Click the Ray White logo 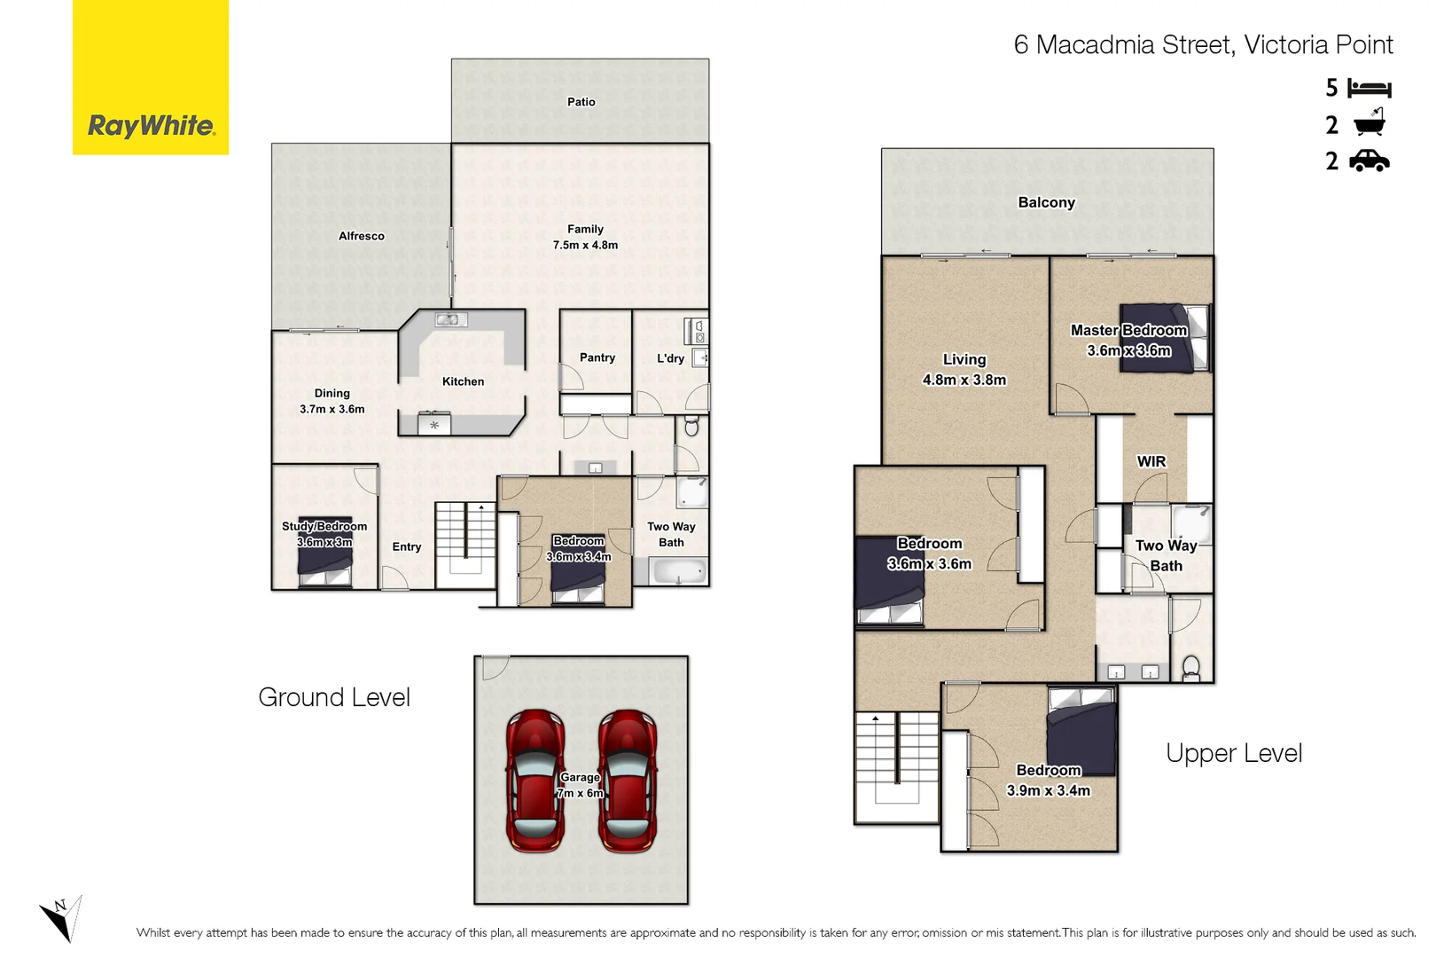click(x=151, y=126)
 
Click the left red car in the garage click(x=535, y=781)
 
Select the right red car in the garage click(x=628, y=781)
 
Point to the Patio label click(x=581, y=102)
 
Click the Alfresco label click(x=362, y=236)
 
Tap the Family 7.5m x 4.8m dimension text click(x=585, y=245)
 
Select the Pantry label click(x=597, y=357)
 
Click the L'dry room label click(x=670, y=358)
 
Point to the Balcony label click(x=1046, y=202)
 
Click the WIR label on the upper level click(x=1151, y=461)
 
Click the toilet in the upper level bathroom click(x=1191, y=668)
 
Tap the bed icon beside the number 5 click(x=1369, y=88)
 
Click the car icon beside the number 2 click(x=1369, y=161)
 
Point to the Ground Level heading click(x=334, y=697)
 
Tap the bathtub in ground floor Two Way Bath click(x=679, y=572)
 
